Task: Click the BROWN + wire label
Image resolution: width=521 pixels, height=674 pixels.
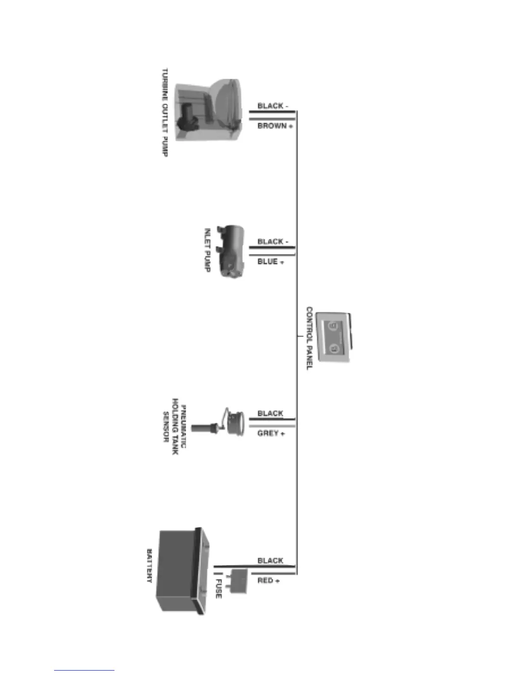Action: coord(275,126)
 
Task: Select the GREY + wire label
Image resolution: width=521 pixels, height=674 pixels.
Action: coord(271,433)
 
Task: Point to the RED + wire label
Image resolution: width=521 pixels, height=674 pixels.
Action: coord(269,580)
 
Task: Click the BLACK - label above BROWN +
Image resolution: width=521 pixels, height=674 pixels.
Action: coord(273,106)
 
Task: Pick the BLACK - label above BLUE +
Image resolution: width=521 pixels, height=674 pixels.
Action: coord(273,241)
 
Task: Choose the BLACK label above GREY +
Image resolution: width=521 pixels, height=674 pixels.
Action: coord(270,413)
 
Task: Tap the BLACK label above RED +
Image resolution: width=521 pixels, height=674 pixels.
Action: coord(270,560)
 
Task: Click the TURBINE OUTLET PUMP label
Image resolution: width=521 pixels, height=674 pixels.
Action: coord(165,112)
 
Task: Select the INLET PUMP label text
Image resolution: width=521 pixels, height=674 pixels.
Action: coord(207,250)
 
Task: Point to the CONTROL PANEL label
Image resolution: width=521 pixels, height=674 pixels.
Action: coord(309,338)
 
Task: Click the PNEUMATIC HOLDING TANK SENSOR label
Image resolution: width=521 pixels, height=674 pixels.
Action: coord(174,426)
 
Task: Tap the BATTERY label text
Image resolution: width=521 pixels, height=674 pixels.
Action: coord(149,566)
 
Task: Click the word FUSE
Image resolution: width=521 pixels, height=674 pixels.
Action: coord(218,588)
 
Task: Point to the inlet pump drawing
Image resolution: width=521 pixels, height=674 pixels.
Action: coord(231,251)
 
